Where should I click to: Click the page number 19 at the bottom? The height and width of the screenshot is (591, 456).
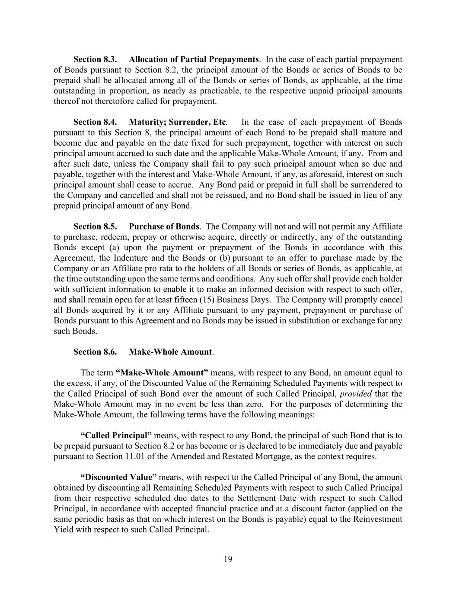pos(228,559)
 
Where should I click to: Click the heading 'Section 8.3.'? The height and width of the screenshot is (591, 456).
pos(95,59)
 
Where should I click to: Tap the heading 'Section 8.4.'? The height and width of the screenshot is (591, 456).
pos(95,122)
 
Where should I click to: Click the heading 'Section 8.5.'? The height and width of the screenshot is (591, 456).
pos(95,226)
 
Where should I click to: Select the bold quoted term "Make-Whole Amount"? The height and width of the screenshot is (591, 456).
pos(162,373)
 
